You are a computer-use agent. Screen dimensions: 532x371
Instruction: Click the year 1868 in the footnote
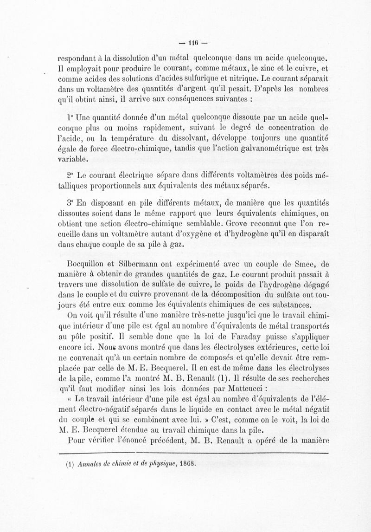coord(186,463)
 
